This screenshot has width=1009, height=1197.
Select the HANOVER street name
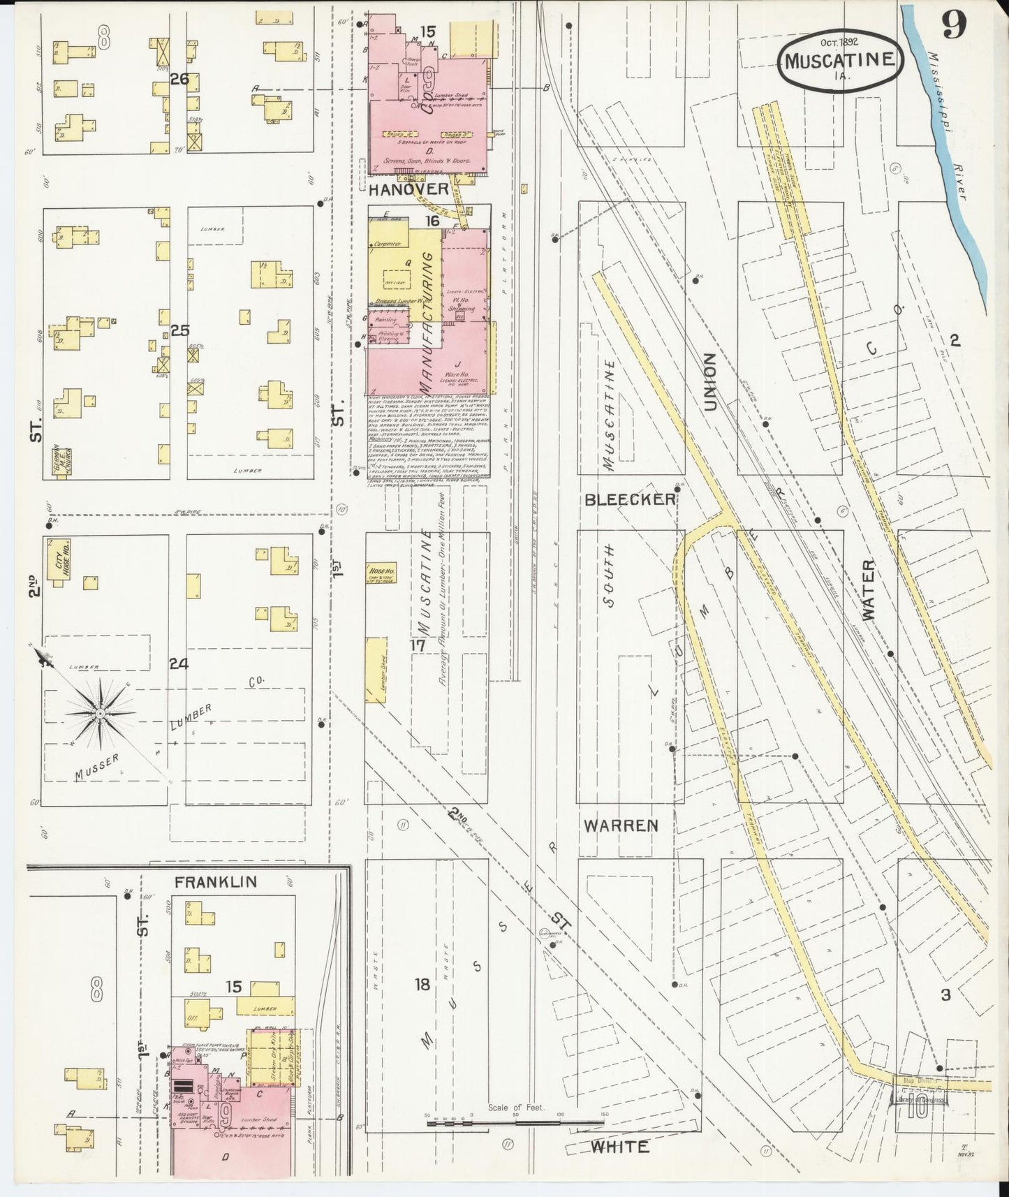coord(408,189)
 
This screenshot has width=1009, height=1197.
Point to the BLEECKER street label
coord(630,499)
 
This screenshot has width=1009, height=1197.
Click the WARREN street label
coord(621,825)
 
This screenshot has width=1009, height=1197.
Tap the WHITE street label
coord(619,1147)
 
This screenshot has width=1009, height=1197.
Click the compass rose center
coord(100,713)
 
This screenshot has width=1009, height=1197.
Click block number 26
coord(179,79)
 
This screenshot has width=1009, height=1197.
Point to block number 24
coord(179,664)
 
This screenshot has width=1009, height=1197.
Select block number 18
coord(422,985)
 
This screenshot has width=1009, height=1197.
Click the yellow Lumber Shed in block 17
coord(378,669)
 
